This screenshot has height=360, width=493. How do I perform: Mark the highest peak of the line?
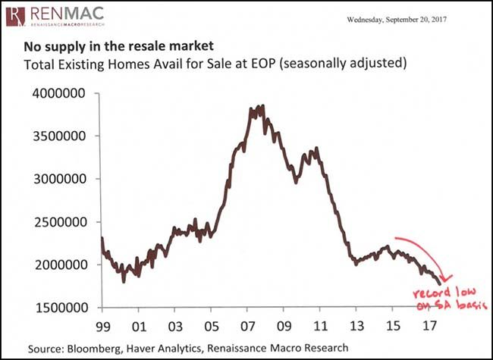point(262,106)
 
